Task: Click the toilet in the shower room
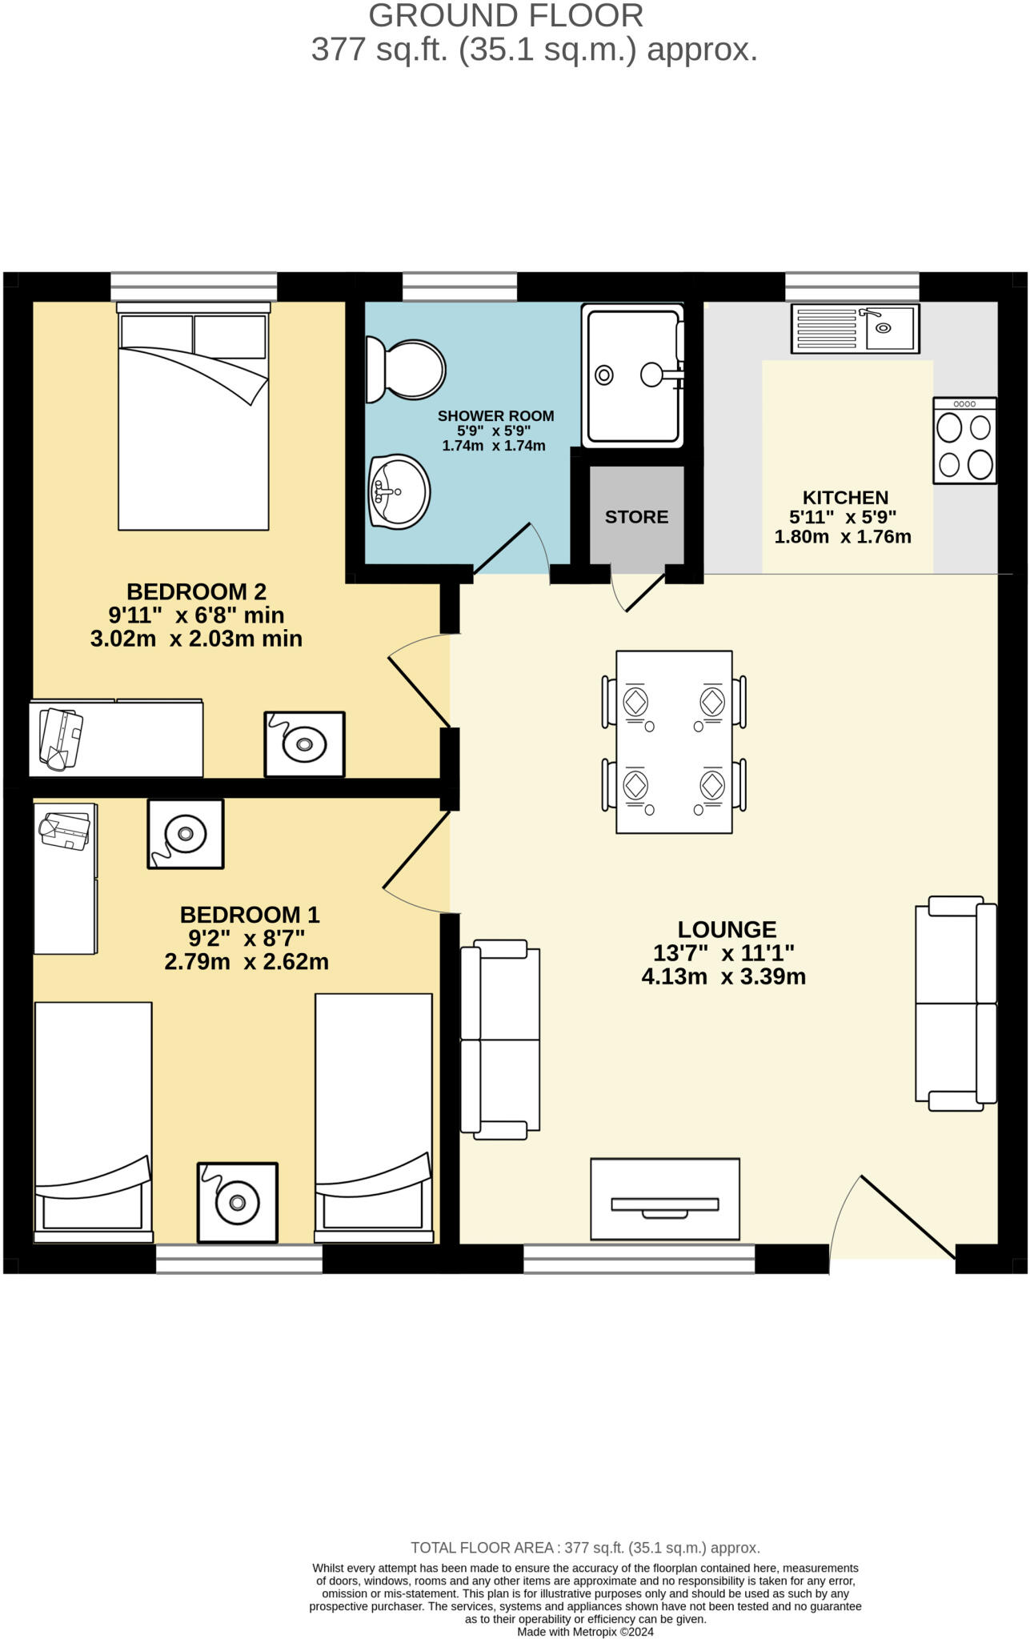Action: click(x=405, y=370)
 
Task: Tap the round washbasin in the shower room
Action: click(x=399, y=491)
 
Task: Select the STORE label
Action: click(x=636, y=517)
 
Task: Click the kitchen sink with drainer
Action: click(x=855, y=328)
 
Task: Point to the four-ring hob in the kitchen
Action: click(x=964, y=441)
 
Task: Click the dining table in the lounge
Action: click(x=674, y=742)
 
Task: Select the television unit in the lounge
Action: click(x=664, y=1199)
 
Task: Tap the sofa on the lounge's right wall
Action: click(x=956, y=1004)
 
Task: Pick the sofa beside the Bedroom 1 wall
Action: click(x=500, y=1040)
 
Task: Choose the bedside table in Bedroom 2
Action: click(x=304, y=744)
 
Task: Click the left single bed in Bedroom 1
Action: click(x=93, y=1122)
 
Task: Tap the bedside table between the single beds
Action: click(x=238, y=1203)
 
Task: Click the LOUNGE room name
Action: click(x=727, y=930)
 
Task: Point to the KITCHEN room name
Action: click(x=845, y=497)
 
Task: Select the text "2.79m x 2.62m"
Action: click(x=246, y=962)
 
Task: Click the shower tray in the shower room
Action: click(x=633, y=375)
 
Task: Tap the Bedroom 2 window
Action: click(x=194, y=287)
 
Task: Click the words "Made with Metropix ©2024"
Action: click(x=585, y=1632)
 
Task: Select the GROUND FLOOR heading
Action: click(x=506, y=16)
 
